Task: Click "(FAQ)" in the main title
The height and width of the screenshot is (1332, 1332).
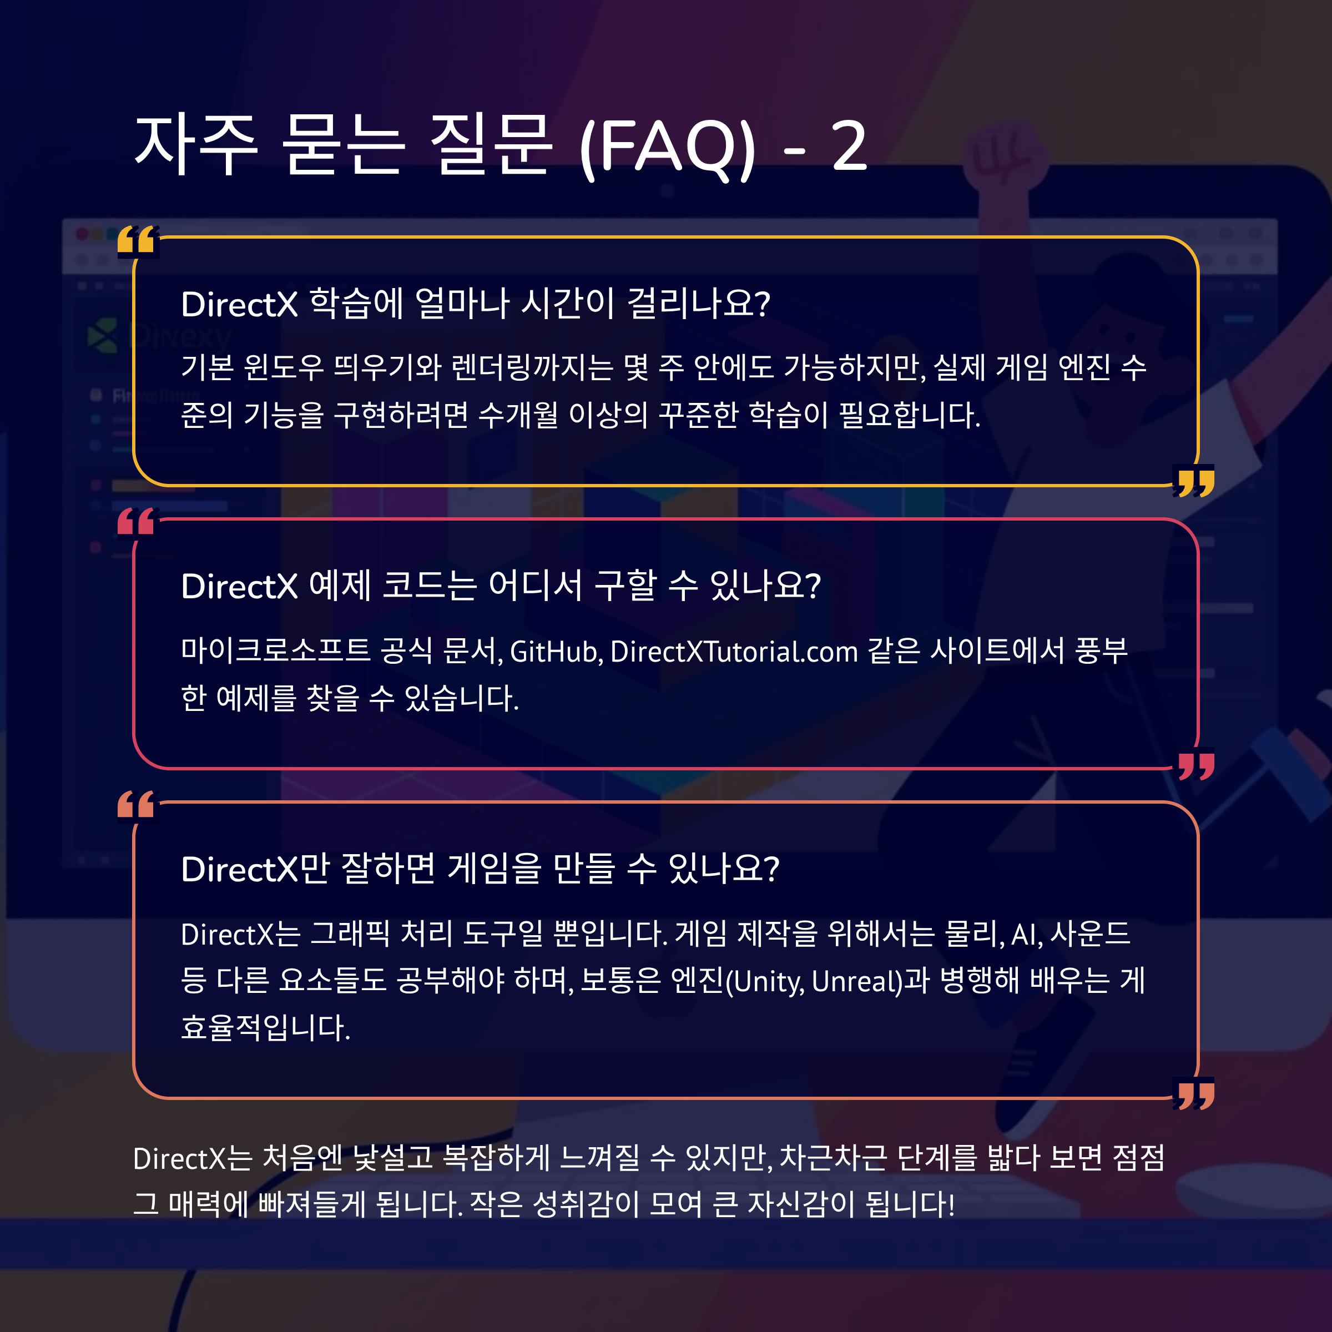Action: coord(667,146)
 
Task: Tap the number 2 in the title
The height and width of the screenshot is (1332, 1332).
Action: coord(849,146)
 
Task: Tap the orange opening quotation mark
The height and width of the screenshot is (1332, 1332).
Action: coord(137,805)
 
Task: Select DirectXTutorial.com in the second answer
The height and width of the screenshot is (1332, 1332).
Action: coord(734,652)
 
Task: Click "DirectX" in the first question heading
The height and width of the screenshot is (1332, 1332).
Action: coord(239,304)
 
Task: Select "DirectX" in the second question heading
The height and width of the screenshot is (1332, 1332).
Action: coord(239,587)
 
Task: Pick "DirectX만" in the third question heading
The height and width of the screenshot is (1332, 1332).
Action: coord(255,869)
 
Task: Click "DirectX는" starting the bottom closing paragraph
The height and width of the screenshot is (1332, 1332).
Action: coord(193,1159)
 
